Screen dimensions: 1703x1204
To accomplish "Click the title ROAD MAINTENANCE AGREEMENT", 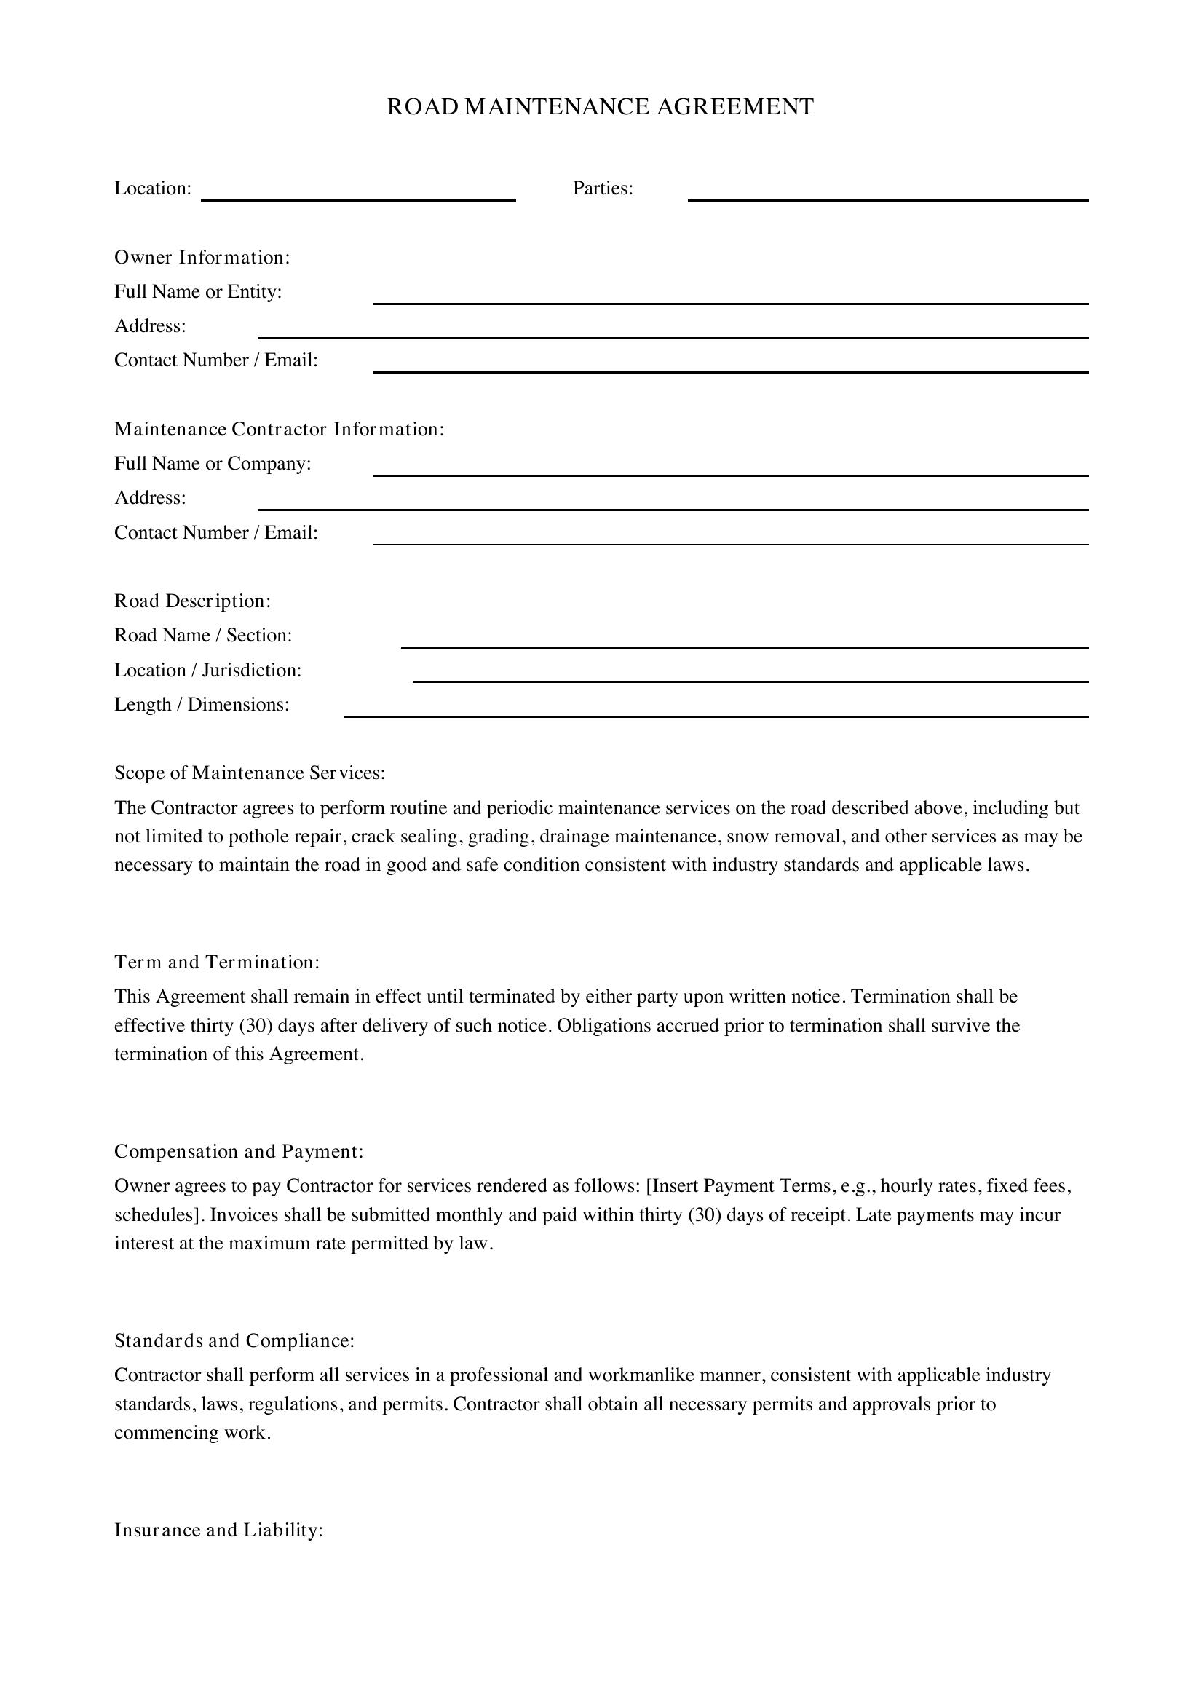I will (x=600, y=107).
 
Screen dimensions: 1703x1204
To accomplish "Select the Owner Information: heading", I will (x=202, y=257).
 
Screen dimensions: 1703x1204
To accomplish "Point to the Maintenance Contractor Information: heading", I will (x=279, y=430).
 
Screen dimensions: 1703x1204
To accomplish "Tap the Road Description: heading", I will (x=193, y=601).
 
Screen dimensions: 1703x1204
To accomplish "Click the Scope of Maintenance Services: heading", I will (x=250, y=774).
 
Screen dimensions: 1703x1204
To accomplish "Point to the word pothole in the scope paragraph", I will (x=258, y=837).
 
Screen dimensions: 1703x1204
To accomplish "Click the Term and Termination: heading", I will (x=217, y=963).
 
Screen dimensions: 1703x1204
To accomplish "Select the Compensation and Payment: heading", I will (x=239, y=1152).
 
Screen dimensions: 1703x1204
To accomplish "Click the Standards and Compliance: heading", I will (x=234, y=1341).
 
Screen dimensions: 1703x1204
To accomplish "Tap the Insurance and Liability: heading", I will (x=218, y=1530).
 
